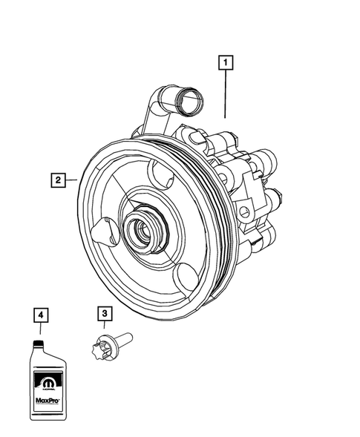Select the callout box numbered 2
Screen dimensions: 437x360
tap(56, 179)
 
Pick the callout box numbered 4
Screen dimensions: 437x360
tap(42, 315)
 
